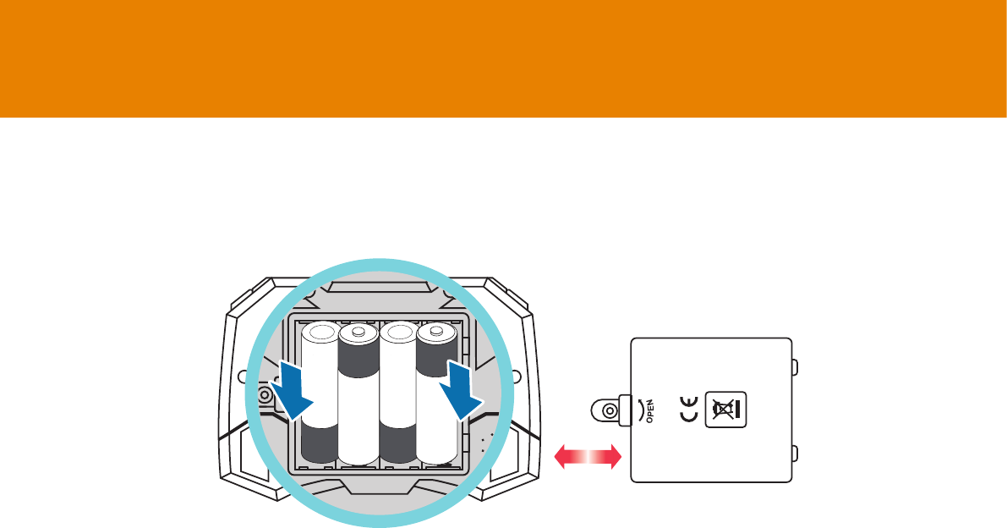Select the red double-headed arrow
pyautogui.click(x=588, y=458)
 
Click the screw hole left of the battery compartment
pyautogui.click(x=265, y=395)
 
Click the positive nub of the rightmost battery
pyautogui.click(x=436, y=331)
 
